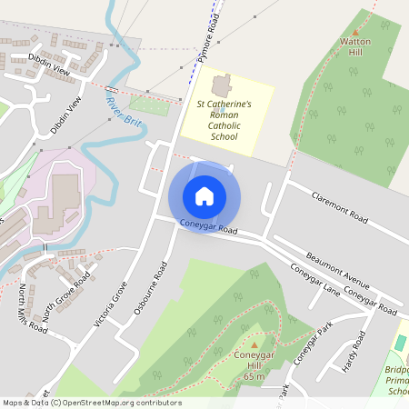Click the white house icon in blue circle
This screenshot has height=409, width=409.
(x=204, y=196)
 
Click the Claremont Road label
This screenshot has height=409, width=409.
(x=339, y=208)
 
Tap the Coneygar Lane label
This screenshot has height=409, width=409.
(x=314, y=280)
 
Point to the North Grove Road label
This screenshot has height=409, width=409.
(x=67, y=296)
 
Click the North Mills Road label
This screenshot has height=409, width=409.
(x=34, y=308)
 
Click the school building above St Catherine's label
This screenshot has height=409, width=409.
(x=220, y=87)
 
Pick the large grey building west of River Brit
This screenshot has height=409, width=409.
(x=65, y=194)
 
